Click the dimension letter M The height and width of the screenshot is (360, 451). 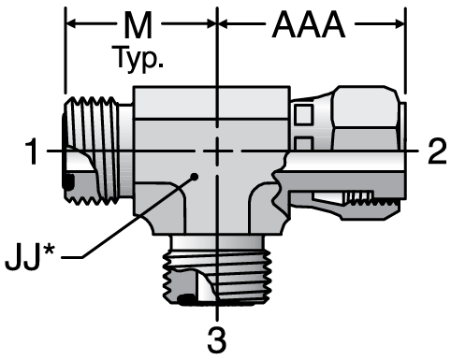click(x=138, y=25)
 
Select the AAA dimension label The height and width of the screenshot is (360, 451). click(x=309, y=25)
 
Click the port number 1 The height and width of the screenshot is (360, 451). click(x=32, y=151)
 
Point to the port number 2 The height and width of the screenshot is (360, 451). click(x=437, y=151)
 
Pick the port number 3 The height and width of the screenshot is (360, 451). click(x=217, y=340)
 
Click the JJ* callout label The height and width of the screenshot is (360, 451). click(x=30, y=257)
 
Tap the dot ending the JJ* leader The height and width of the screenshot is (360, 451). click(x=195, y=177)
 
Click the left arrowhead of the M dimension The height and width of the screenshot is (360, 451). click(x=71, y=23)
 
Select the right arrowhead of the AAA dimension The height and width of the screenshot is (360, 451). click(x=400, y=23)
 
